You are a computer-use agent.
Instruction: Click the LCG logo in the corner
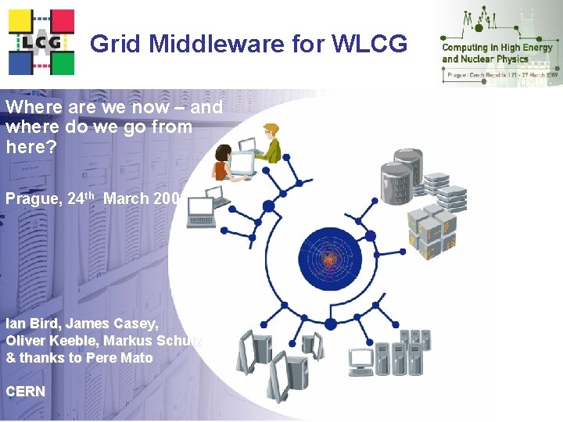41,41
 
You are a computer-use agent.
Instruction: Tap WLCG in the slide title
369,44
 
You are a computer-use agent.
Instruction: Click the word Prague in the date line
31,198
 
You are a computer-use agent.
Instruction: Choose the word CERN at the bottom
26,391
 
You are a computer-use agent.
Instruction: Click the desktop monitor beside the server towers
360,361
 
